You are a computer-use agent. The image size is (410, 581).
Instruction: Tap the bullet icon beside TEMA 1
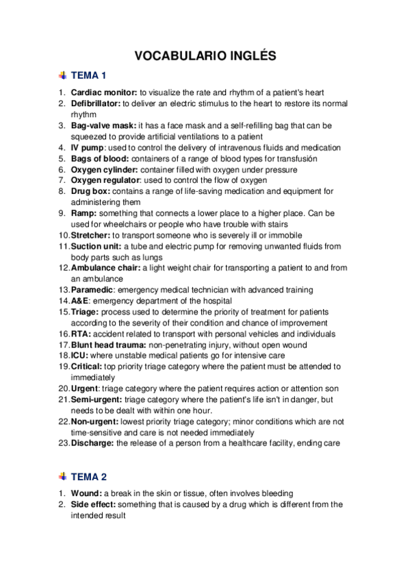[64, 75]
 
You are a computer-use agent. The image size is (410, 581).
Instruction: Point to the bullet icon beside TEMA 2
[64, 476]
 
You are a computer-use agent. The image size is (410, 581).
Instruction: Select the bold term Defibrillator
[96, 103]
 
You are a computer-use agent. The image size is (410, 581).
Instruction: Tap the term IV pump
[86, 148]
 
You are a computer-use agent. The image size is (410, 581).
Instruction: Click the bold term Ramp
[84, 214]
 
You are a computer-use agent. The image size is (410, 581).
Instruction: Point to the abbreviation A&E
[81, 301]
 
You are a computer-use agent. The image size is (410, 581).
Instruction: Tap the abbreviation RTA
[81, 334]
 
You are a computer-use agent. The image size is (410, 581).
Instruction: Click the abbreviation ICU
[79, 356]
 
